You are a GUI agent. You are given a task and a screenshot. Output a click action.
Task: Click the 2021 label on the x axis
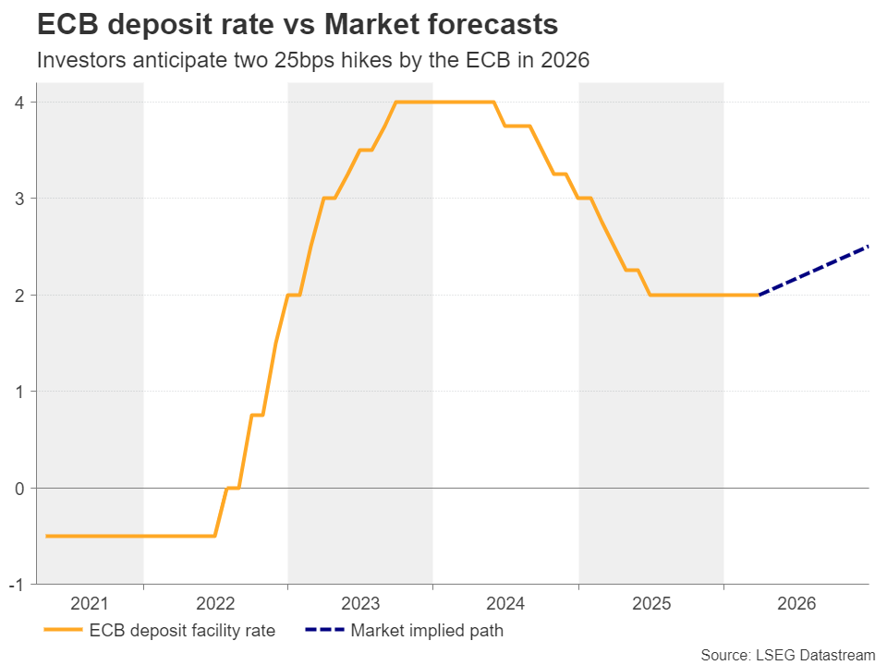(x=90, y=604)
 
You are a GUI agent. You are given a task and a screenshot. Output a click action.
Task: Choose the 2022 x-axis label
(x=216, y=604)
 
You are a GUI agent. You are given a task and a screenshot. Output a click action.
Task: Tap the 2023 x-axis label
(x=360, y=604)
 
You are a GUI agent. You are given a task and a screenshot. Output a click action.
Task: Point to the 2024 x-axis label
(x=505, y=604)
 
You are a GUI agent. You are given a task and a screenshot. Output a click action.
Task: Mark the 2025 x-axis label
(x=650, y=604)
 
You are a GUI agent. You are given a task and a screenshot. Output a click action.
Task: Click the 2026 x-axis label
(x=796, y=604)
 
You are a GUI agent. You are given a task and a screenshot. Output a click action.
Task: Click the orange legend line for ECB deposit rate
(x=62, y=632)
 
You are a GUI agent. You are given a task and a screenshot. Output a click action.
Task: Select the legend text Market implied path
(x=426, y=632)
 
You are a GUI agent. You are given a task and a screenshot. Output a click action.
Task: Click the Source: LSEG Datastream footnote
(x=787, y=655)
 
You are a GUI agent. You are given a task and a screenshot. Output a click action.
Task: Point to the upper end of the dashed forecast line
(x=868, y=247)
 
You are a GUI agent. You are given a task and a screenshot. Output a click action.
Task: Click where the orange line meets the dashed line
(x=759, y=295)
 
